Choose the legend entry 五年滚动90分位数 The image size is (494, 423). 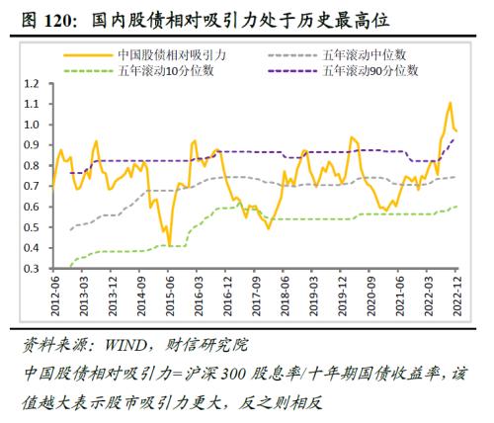click(371, 70)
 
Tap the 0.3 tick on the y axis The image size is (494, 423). click(31, 268)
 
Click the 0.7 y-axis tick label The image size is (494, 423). click(31, 187)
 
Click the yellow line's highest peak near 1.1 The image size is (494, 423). click(450, 103)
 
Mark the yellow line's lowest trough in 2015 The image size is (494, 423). click(169, 245)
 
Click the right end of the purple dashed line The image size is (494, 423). click(455, 138)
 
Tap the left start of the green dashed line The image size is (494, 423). click(70, 267)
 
